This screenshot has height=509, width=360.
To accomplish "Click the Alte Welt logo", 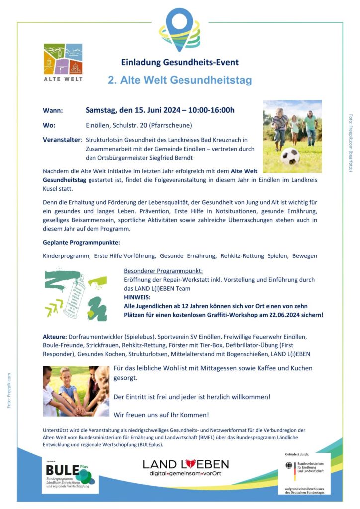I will (x=63, y=62).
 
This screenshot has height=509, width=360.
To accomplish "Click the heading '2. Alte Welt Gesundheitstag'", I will (x=180, y=80).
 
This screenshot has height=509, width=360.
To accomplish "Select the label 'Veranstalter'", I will (x=62, y=141).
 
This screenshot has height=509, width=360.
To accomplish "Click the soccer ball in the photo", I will (x=290, y=156).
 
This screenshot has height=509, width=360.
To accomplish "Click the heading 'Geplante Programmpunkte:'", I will (x=82, y=243).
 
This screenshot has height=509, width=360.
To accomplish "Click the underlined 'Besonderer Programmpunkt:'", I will (x=163, y=271).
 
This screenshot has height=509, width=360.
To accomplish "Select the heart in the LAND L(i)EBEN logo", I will (x=191, y=464).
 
